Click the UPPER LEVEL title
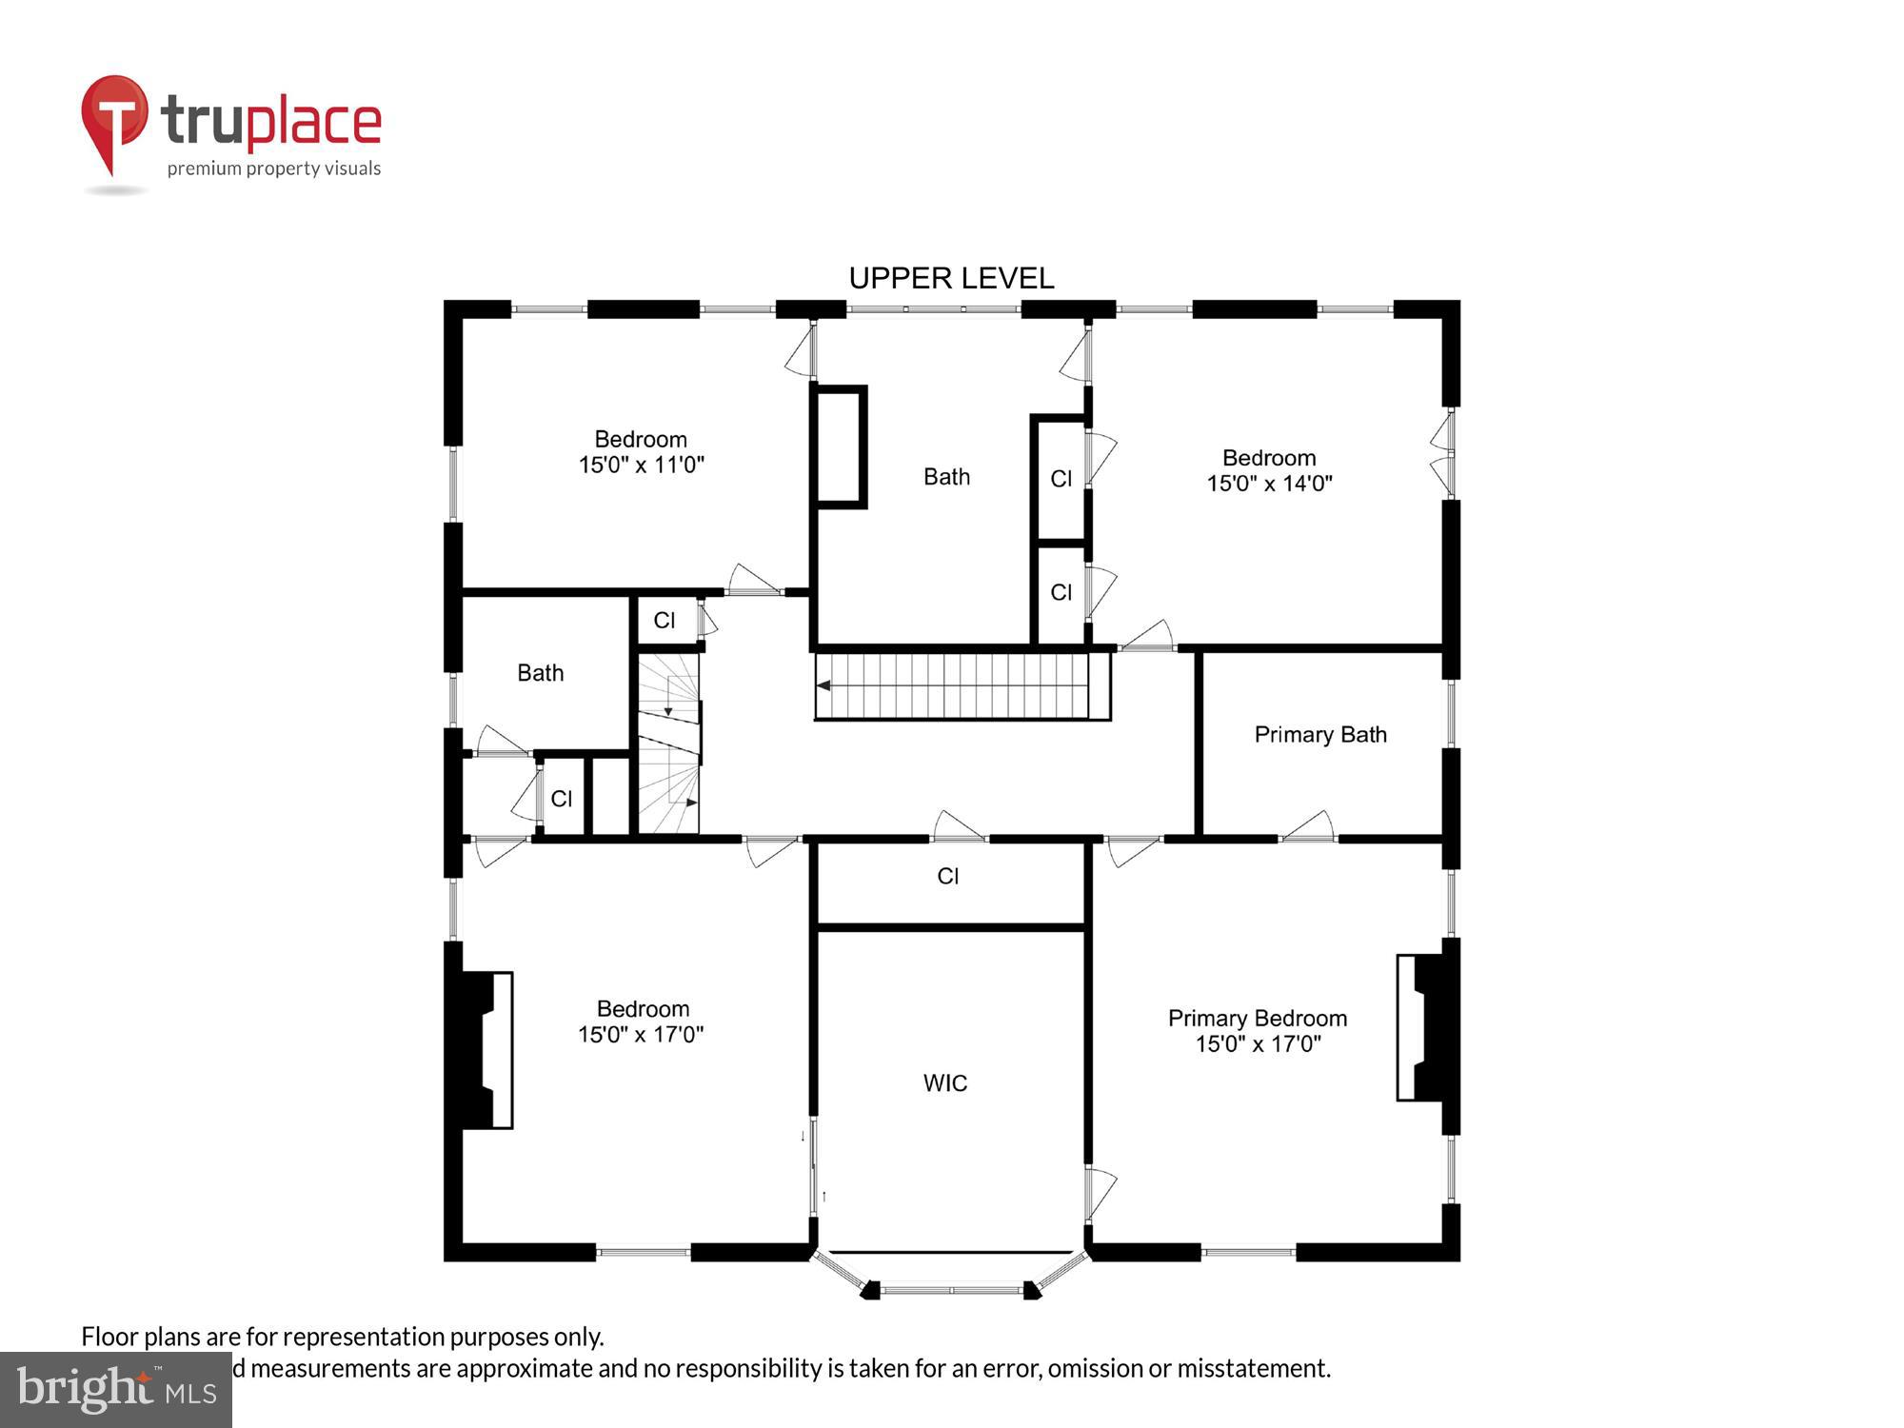click(x=951, y=278)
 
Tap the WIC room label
click(x=944, y=1082)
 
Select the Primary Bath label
click(x=1319, y=734)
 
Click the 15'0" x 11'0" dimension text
click(x=641, y=465)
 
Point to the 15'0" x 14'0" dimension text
click(x=1269, y=483)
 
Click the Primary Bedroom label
click(x=1257, y=1018)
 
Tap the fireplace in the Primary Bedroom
click(x=1425, y=1028)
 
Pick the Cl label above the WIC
click(x=947, y=876)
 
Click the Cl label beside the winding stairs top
click(x=664, y=621)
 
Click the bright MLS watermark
click(x=115, y=1390)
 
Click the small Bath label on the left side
click(x=540, y=673)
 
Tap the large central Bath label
click(x=946, y=477)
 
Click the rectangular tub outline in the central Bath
click(x=839, y=446)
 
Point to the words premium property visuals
click(x=274, y=169)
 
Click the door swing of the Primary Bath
click(x=1311, y=825)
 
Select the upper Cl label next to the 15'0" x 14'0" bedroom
click(x=1061, y=479)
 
